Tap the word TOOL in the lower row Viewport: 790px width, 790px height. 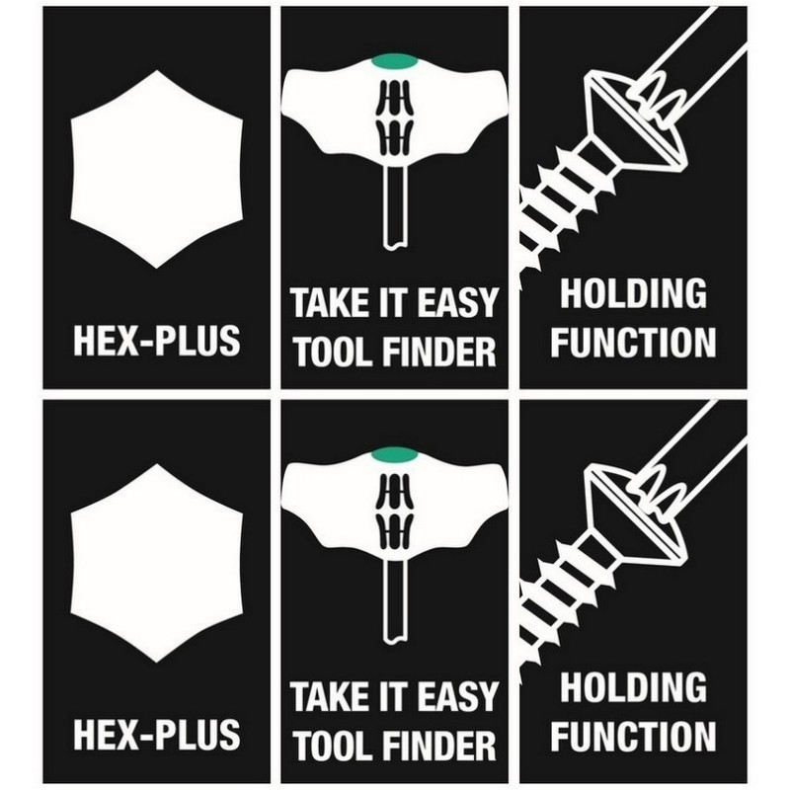[x=330, y=746]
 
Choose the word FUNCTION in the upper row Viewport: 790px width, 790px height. [x=633, y=343]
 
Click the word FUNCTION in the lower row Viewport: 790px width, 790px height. [x=633, y=736]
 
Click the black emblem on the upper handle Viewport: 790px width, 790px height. [x=395, y=117]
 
